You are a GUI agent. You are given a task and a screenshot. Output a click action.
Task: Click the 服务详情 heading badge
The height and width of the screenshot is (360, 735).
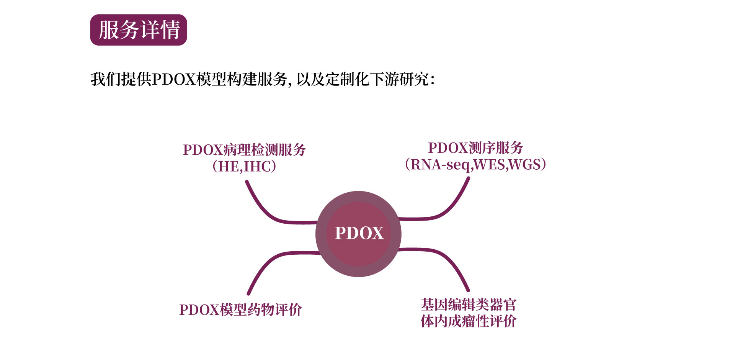pyautogui.click(x=139, y=30)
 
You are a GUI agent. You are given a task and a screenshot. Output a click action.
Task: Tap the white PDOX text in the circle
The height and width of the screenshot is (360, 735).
pyautogui.click(x=359, y=233)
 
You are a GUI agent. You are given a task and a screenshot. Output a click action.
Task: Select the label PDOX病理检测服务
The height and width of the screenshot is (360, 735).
pyautogui.click(x=244, y=150)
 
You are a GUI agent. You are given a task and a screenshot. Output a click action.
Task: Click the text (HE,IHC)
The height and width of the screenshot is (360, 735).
pyautogui.click(x=244, y=166)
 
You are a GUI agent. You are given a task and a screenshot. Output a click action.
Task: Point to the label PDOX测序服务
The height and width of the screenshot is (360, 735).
pyautogui.click(x=475, y=148)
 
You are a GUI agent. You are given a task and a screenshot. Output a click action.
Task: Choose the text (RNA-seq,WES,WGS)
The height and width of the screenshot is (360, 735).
pyautogui.click(x=475, y=165)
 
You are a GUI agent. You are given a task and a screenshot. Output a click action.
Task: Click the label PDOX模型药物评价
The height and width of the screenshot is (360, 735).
pyautogui.click(x=240, y=310)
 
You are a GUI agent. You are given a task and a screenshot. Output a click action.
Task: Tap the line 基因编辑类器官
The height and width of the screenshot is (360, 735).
pyautogui.click(x=469, y=305)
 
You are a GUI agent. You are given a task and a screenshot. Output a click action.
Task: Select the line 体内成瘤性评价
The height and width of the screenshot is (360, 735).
pyautogui.click(x=469, y=321)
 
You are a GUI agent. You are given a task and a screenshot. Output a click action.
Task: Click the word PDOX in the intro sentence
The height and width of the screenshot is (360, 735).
pyautogui.click(x=174, y=80)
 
